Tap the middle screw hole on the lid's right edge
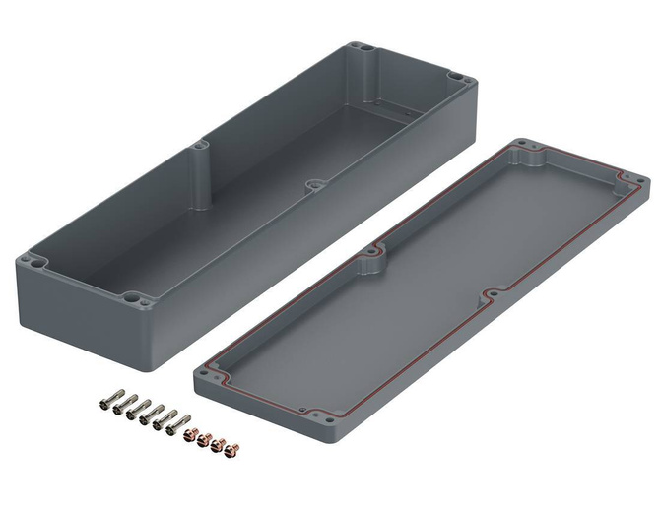tap(491, 294)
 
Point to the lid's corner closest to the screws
tap(209, 371)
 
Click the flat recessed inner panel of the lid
tap(424, 286)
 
